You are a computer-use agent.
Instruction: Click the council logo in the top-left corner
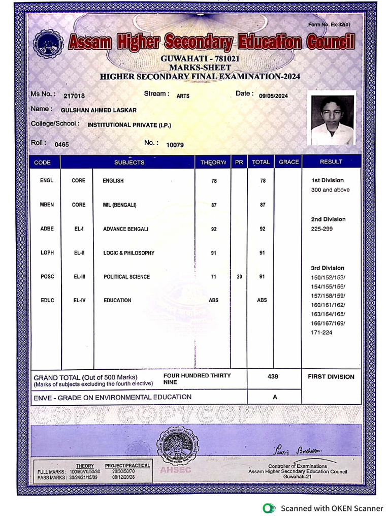coord(49,44)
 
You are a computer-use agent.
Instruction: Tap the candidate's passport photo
coord(332,120)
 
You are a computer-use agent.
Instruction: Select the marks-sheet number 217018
coord(74,96)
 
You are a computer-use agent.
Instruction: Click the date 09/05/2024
coord(273,96)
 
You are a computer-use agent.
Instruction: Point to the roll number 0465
coord(62,144)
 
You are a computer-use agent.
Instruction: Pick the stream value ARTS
coord(183,96)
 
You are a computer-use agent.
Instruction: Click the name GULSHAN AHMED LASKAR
coord(99,110)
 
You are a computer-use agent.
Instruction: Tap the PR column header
coord(239,162)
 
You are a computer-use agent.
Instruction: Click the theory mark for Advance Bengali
coord(214,229)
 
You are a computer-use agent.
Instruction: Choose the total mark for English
coord(263,181)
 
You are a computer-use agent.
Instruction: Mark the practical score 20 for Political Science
coord(239,277)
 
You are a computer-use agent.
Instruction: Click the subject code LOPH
coord(47,253)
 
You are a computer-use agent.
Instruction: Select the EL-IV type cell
coord(79,300)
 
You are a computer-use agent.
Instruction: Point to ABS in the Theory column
coord(214,300)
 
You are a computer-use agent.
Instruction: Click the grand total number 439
coord(273,377)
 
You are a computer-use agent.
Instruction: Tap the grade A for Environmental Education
coord(275,397)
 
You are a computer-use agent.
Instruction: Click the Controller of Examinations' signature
coord(298,450)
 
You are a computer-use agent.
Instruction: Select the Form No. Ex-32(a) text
coord(329,25)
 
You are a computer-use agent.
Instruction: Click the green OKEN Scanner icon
coord(268,508)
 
